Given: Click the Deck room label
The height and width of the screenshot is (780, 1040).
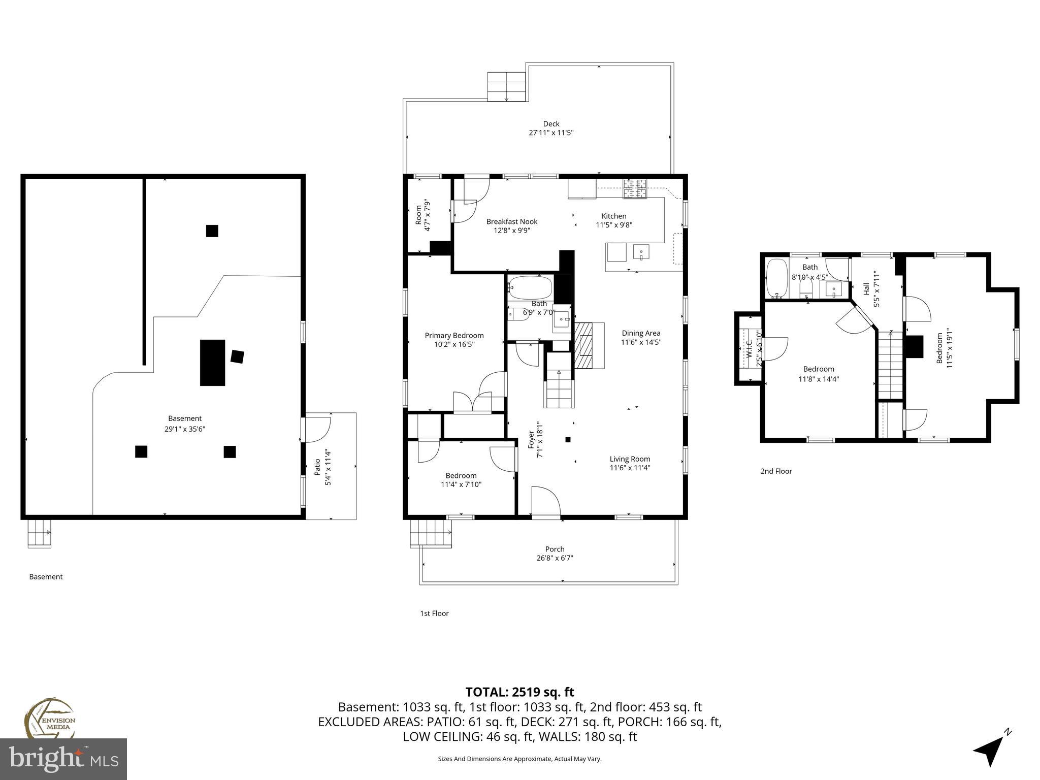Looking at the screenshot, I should [x=551, y=123].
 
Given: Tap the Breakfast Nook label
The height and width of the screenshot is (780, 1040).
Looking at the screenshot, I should [x=511, y=221].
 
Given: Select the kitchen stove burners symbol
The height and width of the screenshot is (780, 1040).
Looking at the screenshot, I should [x=635, y=188].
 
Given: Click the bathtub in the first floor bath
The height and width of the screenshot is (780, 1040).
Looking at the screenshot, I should [x=530, y=288].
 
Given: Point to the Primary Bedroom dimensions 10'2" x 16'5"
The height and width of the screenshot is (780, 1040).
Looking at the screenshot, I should [x=454, y=344].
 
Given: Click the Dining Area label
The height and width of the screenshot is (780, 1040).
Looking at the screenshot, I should [x=641, y=333].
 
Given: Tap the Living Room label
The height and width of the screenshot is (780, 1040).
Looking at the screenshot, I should [x=630, y=459].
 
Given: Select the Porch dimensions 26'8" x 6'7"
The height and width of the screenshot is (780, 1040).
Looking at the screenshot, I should [x=555, y=558].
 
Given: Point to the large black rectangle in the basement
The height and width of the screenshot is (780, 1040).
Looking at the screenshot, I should [x=212, y=363].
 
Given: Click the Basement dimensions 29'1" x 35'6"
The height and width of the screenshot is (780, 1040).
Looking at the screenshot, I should [x=185, y=429].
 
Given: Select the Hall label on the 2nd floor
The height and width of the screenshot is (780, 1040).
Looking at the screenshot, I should [x=866, y=288].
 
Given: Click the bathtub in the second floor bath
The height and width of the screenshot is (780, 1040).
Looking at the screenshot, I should [x=776, y=278].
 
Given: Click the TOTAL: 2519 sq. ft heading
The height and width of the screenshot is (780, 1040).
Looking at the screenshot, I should [x=519, y=692].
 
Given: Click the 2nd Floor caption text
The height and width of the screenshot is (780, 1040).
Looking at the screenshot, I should [x=775, y=471].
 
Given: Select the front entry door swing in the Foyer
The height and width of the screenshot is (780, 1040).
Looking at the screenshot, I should [x=545, y=502].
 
